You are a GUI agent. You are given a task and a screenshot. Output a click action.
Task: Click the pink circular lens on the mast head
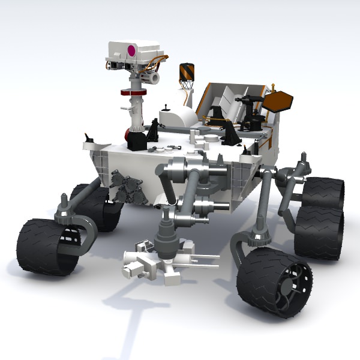coord(131,50)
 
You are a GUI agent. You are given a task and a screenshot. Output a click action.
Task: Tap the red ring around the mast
coord(134,92)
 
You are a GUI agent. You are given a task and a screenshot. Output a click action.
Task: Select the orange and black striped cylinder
coord(186,72)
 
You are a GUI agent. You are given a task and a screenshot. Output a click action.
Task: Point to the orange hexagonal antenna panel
coord(277,101)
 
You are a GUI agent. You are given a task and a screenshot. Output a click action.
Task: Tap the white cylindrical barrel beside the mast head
coord(155,77)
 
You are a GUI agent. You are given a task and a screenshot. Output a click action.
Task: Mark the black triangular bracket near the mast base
coord(154,130)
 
